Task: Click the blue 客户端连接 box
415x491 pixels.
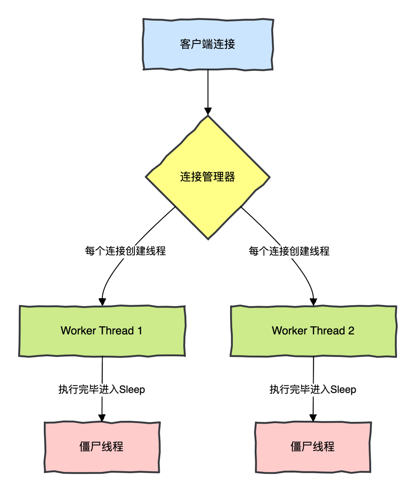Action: tap(207, 44)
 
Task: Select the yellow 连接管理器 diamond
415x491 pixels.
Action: tap(207, 177)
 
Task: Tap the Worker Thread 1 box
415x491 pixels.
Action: tap(102, 331)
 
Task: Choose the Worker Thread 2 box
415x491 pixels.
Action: tap(313, 331)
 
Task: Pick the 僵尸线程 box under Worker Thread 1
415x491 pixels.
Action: tap(102, 447)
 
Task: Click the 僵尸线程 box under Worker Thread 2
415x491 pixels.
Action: tap(313, 447)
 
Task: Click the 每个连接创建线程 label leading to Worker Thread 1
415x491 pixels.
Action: tap(125, 251)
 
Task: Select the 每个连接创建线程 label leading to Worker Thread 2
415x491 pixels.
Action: tap(289, 251)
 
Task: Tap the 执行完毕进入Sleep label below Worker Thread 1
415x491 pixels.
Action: tap(102, 390)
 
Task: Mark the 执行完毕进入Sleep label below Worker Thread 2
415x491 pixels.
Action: tap(313, 390)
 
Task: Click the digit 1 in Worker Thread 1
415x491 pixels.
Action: tap(140, 331)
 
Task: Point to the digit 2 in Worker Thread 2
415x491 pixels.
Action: tap(351, 331)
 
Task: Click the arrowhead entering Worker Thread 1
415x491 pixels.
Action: tap(102, 302)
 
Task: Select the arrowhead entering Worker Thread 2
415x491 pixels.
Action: tap(314, 302)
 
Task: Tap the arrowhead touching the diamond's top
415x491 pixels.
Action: tap(208, 111)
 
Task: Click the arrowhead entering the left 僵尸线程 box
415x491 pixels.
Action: tap(102, 418)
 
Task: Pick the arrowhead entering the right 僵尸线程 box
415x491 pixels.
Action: tap(313, 418)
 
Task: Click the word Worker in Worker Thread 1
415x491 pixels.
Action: tap(78, 331)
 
